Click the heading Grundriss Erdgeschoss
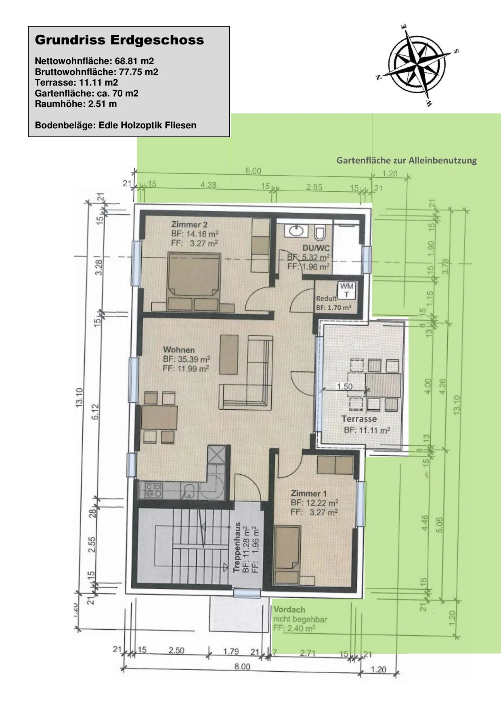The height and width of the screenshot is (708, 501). click(x=119, y=40)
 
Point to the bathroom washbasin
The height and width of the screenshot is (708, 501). click(x=296, y=231)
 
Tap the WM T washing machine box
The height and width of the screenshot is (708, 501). click(x=346, y=290)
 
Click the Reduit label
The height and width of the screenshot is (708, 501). click(x=326, y=298)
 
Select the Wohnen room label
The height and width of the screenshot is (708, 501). click(x=179, y=350)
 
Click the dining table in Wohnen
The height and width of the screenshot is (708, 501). click(x=159, y=417)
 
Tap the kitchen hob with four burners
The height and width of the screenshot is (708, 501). click(x=154, y=490)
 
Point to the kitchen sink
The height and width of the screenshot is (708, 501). click(x=187, y=490)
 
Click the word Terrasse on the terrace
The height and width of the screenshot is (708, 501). click(x=359, y=419)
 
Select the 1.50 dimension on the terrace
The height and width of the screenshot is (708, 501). click(x=345, y=386)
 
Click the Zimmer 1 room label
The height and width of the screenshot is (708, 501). click(x=309, y=493)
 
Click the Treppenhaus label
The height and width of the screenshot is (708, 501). click(x=237, y=547)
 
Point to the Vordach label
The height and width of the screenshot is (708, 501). click(x=289, y=610)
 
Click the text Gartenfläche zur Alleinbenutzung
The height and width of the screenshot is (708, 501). click(x=407, y=161)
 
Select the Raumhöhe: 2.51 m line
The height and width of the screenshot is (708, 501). click(x=76, y=104)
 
